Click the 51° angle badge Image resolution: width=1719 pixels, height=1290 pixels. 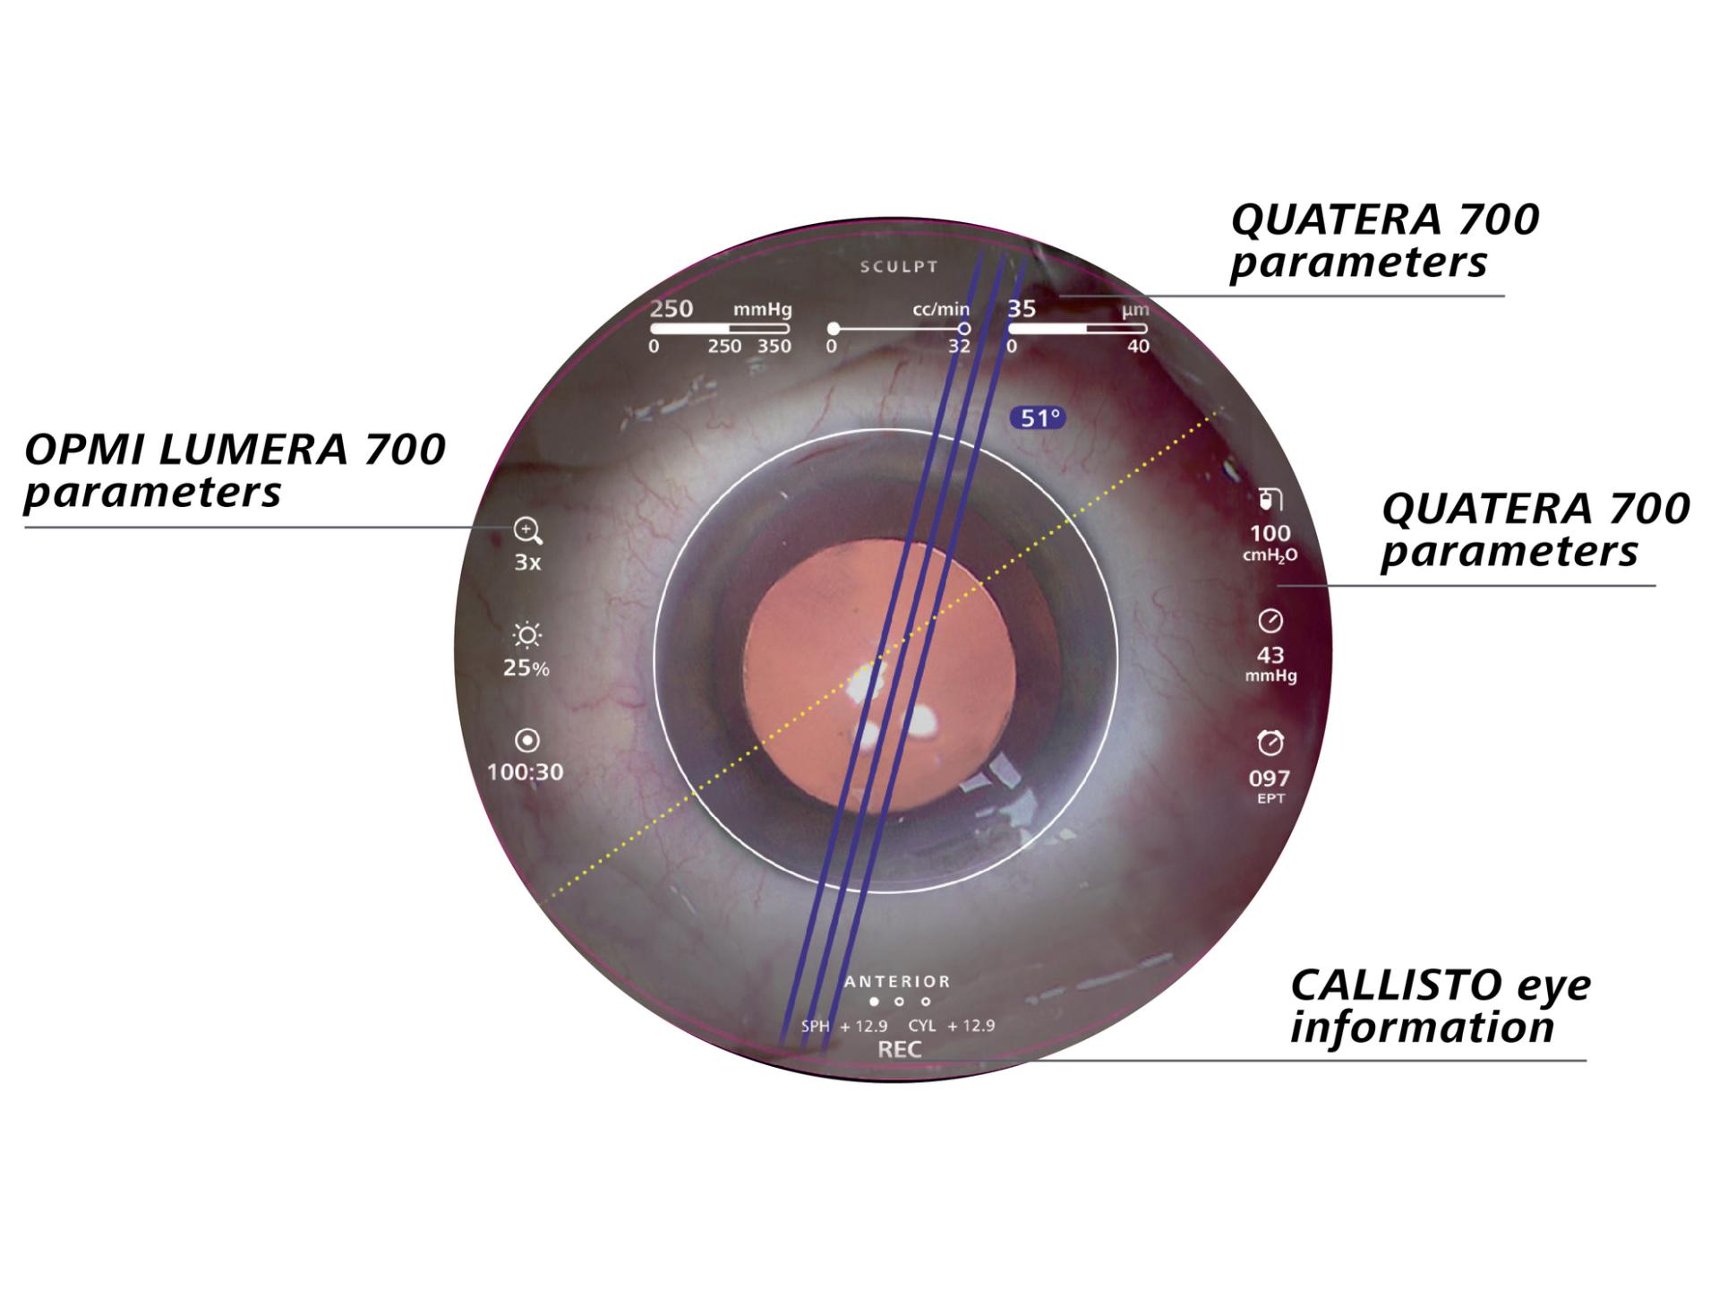(x=1039, y=417)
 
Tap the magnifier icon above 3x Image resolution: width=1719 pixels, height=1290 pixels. (x=527, y=531)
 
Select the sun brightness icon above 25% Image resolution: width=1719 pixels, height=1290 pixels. (x=526, y=636)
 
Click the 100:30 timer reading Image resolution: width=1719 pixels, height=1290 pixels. (x=526, y=771)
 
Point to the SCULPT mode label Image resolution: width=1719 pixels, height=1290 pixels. (x=899, y=267)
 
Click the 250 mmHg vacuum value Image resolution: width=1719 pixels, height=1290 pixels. (x=671, y=308)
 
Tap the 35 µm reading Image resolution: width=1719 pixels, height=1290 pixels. (x=1022, y=308)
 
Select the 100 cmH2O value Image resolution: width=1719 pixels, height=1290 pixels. (x=1270, y=533)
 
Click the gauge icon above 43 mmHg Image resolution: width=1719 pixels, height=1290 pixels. (x=1270, y=620)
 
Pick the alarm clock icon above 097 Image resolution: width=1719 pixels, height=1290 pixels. (x=1270, y=743)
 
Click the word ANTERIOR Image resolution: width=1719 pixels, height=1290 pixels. (x=897, y=982)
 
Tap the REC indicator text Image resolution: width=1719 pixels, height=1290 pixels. (x=900, y=1050)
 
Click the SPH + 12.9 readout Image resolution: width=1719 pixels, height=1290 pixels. (x=844, y=1026)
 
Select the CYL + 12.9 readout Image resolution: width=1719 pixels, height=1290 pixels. (x=952, y=1026)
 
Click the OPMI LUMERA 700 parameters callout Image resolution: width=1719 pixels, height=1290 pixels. (x=235, y=470)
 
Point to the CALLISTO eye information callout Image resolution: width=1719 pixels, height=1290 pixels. (x=1441, y=1006)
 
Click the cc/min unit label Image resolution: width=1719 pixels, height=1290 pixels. (x=941, y=309)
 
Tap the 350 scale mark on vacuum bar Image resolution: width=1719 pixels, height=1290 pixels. (x=774, y=346)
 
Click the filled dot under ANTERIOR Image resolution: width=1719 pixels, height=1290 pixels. (x=875, y=1002)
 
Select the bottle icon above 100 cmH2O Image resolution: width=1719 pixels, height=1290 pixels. (x=1270, y=499)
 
